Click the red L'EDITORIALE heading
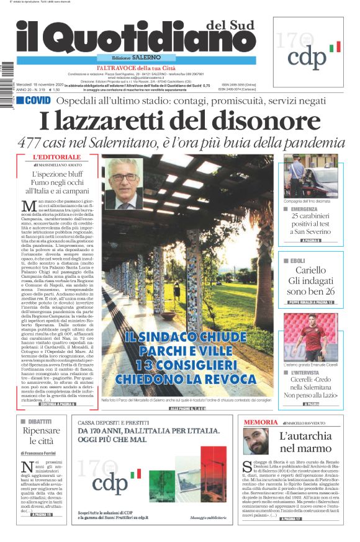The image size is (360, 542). pyautogui.click(x=57, y=158)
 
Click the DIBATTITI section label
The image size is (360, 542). pyautogui.click(x=40, y=420)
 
